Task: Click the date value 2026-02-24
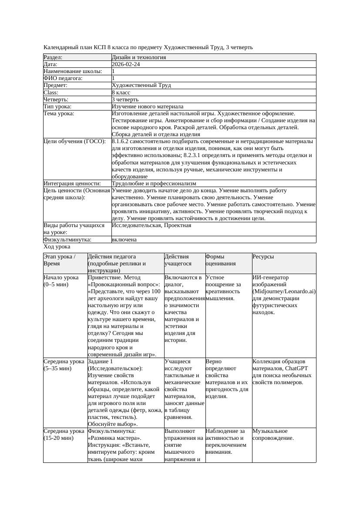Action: coord(126,64)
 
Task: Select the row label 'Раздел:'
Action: coord(53,57)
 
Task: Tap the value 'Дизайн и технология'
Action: coord(138,57)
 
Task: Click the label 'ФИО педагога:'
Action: coord(63,78)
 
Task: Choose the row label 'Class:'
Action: coord(51,93)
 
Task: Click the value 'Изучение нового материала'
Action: coord(148,107)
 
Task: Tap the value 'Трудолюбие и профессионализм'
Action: coord(154,184)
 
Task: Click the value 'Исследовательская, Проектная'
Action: coord(151,226)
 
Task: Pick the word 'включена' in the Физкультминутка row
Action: coord(124,240)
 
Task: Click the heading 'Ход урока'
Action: coord(57,247)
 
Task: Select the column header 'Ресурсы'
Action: coord(263,257)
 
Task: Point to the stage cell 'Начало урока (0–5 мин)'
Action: coord(61,281)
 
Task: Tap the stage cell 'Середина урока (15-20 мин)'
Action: coord(64,435)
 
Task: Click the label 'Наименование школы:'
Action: coord(73,71)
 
